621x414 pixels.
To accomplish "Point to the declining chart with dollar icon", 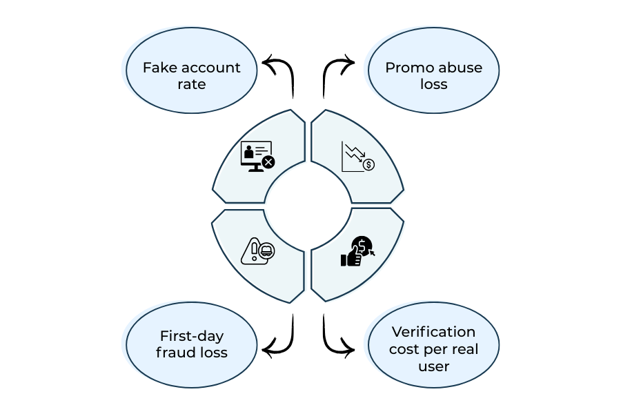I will [357, 157].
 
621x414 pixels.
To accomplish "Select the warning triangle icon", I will [257, 251].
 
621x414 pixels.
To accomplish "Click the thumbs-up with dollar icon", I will [357, 252].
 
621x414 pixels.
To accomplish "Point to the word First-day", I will [192, 336].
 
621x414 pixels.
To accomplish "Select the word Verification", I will [433, 332].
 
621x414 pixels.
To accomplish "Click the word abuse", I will [460, 68].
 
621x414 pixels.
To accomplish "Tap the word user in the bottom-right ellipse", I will [433, 366].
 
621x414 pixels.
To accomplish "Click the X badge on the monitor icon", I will [268, 162].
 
